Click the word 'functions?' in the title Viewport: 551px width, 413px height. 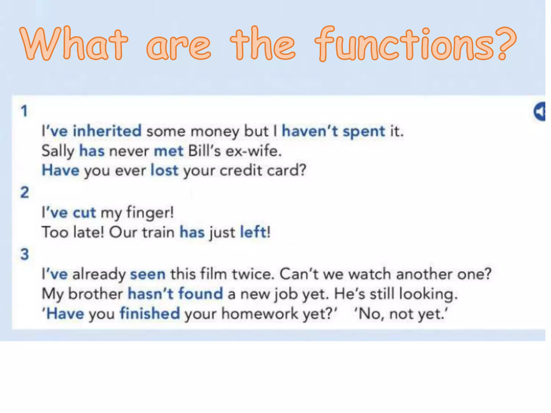[416, 44]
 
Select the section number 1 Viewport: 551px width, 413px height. [24, 111]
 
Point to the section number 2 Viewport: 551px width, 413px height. [25, 192]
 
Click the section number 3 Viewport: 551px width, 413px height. [25, 254]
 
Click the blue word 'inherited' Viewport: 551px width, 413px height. [107, 131]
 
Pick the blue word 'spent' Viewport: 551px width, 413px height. [364, 131]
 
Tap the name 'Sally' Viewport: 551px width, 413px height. [58, 151]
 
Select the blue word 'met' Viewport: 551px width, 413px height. [168, 151]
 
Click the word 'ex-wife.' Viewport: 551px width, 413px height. [253, 151]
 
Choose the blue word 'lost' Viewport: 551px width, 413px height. [164, 170]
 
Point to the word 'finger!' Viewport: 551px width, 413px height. [150, 213]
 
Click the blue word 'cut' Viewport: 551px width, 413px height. [84, 213]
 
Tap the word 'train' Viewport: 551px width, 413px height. [158, 232]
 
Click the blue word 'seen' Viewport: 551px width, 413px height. [148, 274]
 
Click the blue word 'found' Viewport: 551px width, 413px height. [200, 293]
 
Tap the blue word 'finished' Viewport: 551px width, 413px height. [150, 313]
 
